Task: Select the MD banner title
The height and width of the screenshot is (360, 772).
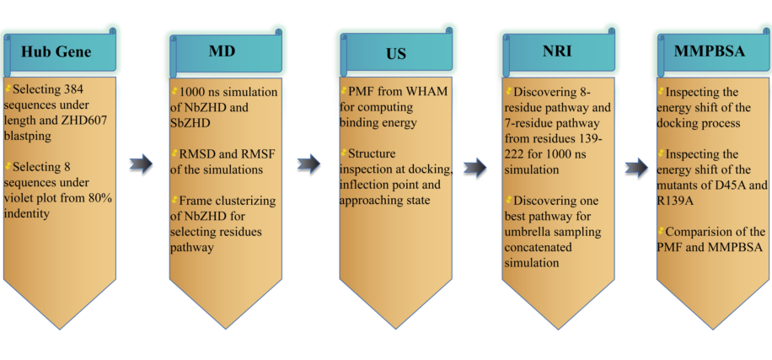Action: point(222,51)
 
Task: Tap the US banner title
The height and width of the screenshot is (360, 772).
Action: point(395,53)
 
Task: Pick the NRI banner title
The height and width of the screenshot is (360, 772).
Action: point(558,51)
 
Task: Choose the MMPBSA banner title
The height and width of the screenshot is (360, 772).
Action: point(710,51)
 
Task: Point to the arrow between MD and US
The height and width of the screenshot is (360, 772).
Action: point(309,164)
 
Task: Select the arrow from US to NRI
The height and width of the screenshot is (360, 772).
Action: point(476,169)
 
